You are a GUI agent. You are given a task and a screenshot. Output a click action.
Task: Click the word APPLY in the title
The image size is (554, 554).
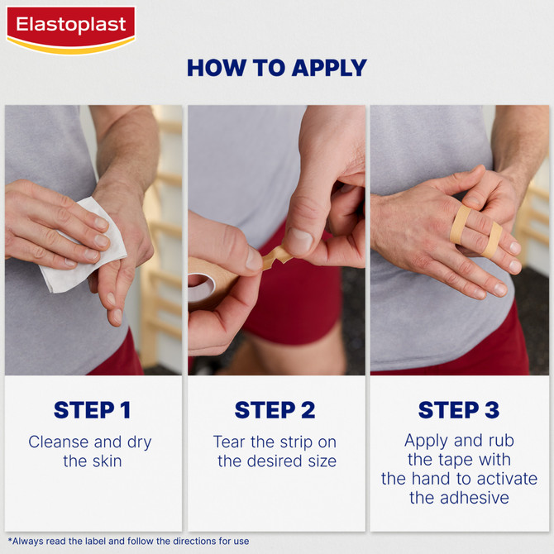tap(322, 68)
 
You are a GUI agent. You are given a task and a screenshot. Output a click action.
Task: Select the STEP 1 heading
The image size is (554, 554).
tap(91, 410)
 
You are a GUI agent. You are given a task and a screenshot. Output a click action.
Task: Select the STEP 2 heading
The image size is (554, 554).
tap(275, 410)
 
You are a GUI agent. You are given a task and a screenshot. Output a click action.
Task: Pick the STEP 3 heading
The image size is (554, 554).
tap(459, 410)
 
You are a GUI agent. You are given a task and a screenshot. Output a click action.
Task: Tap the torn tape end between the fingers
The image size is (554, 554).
tap(276, 256)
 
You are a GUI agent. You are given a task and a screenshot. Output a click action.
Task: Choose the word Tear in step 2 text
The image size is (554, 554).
tap(230, 442)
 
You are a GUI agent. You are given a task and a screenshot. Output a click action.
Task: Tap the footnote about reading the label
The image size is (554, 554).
tap(128, 542)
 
